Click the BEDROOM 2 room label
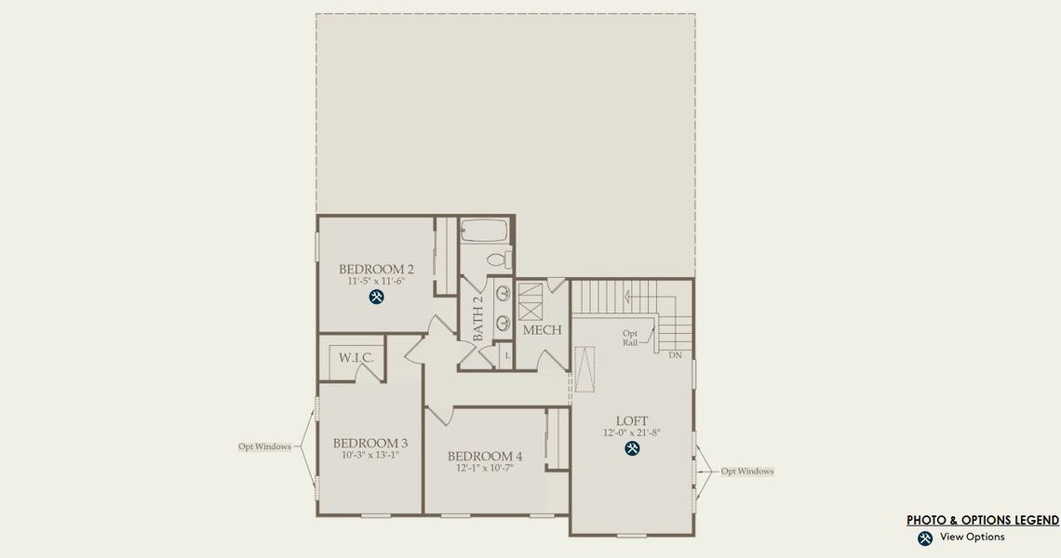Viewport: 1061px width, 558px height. click(x=376, y=270)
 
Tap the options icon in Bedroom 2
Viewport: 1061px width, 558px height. click(x=377, y=298)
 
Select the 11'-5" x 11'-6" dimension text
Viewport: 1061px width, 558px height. click(x=376, y=282)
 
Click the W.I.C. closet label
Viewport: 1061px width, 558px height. click(x=356, y=357)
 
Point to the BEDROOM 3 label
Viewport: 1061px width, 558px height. click(x=370, y=444)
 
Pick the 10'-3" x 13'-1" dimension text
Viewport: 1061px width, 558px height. click(x=370, y=456)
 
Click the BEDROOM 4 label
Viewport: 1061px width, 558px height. click(x=485, y=457)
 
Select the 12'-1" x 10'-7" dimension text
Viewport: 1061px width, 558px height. click(x=485, y=469)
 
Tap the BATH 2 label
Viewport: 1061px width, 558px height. click(x=477, y=319)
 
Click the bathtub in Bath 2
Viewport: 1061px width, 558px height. click(x=484, y=231)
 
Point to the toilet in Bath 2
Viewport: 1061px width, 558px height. click(x=497, y=259)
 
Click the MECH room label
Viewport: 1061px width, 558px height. click(x=542, y=330)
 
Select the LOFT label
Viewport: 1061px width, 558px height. click(x=632, y=421)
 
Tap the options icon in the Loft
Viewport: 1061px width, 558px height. click(x=633, y=449)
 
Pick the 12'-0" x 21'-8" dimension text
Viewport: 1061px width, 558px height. click(x=632, y=433)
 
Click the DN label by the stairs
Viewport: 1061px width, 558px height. click(x=676, y=355)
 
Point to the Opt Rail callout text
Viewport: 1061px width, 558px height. click(x=630, y=338)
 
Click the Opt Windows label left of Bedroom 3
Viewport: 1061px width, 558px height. click(x=264, y=446)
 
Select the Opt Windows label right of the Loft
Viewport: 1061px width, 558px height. click(x=747, y=472)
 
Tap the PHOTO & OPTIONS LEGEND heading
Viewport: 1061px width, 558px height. click(x=983, y=521)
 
